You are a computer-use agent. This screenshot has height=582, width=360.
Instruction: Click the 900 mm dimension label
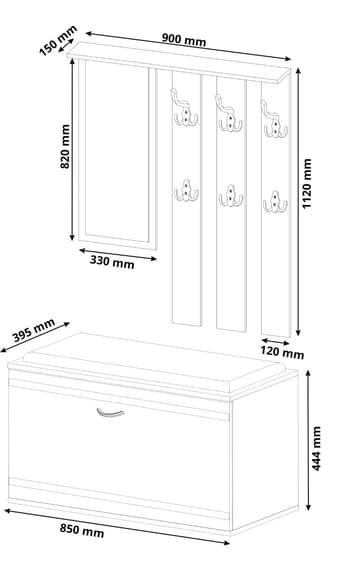(184, 39)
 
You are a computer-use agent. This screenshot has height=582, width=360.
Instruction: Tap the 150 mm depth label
(58, 40)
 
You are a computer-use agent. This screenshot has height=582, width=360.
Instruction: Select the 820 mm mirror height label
(65, 146)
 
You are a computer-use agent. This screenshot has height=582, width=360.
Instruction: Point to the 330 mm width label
(112, 262)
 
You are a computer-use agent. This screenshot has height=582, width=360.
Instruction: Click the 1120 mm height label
(307, 184)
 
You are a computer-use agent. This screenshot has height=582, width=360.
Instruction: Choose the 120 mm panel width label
(282, 352)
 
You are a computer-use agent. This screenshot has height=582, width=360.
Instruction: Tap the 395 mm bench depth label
(34, 330)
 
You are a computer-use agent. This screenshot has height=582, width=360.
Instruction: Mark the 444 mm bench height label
(316, 448)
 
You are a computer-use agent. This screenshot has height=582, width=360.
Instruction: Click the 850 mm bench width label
(82, 530)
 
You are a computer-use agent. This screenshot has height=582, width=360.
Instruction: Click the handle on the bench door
(110, 413)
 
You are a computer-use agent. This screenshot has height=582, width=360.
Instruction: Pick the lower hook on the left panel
(186, 191)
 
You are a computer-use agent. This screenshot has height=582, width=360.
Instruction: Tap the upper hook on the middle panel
(229, 114)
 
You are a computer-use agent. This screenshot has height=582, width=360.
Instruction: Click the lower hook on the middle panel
(231, 196)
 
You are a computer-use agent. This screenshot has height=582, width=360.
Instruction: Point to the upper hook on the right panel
(274, 120)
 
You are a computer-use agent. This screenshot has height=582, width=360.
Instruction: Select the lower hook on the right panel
(275, 202)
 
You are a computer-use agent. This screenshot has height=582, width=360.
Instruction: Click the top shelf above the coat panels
(179, 62)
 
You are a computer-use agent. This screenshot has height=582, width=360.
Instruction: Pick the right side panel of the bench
(264, 449)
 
